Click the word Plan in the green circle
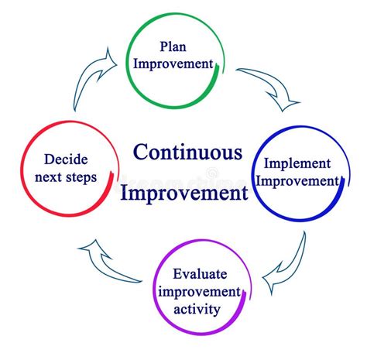(x=173, y=46)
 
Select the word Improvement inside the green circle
(x=173, y=63)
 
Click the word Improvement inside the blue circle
(x=297, y=181)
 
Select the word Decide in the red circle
(x=66, y=160)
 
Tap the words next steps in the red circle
(x=66, y=178)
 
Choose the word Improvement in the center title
(x=183, y=191)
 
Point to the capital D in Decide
(x=48, y=160)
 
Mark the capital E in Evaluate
(x=178, y=275)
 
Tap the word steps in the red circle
(x=81, y=179)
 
